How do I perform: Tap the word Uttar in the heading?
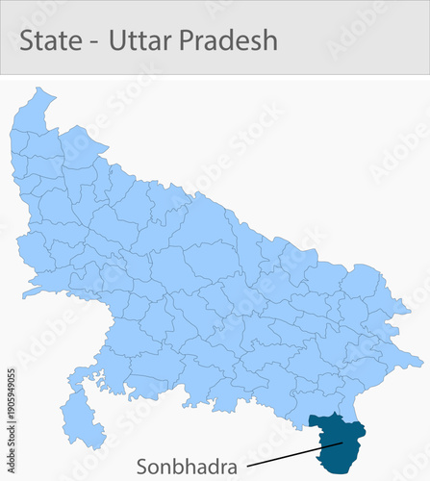142,40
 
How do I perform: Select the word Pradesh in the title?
231,40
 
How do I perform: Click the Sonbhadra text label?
186,467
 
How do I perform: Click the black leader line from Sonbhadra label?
289,456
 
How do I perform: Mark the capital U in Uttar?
118,40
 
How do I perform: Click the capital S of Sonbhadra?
141,467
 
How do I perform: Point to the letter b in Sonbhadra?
174,467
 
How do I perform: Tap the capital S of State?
28,40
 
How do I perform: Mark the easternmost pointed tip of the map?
420,363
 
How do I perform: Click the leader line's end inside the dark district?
342,443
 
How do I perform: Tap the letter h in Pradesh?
269,40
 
